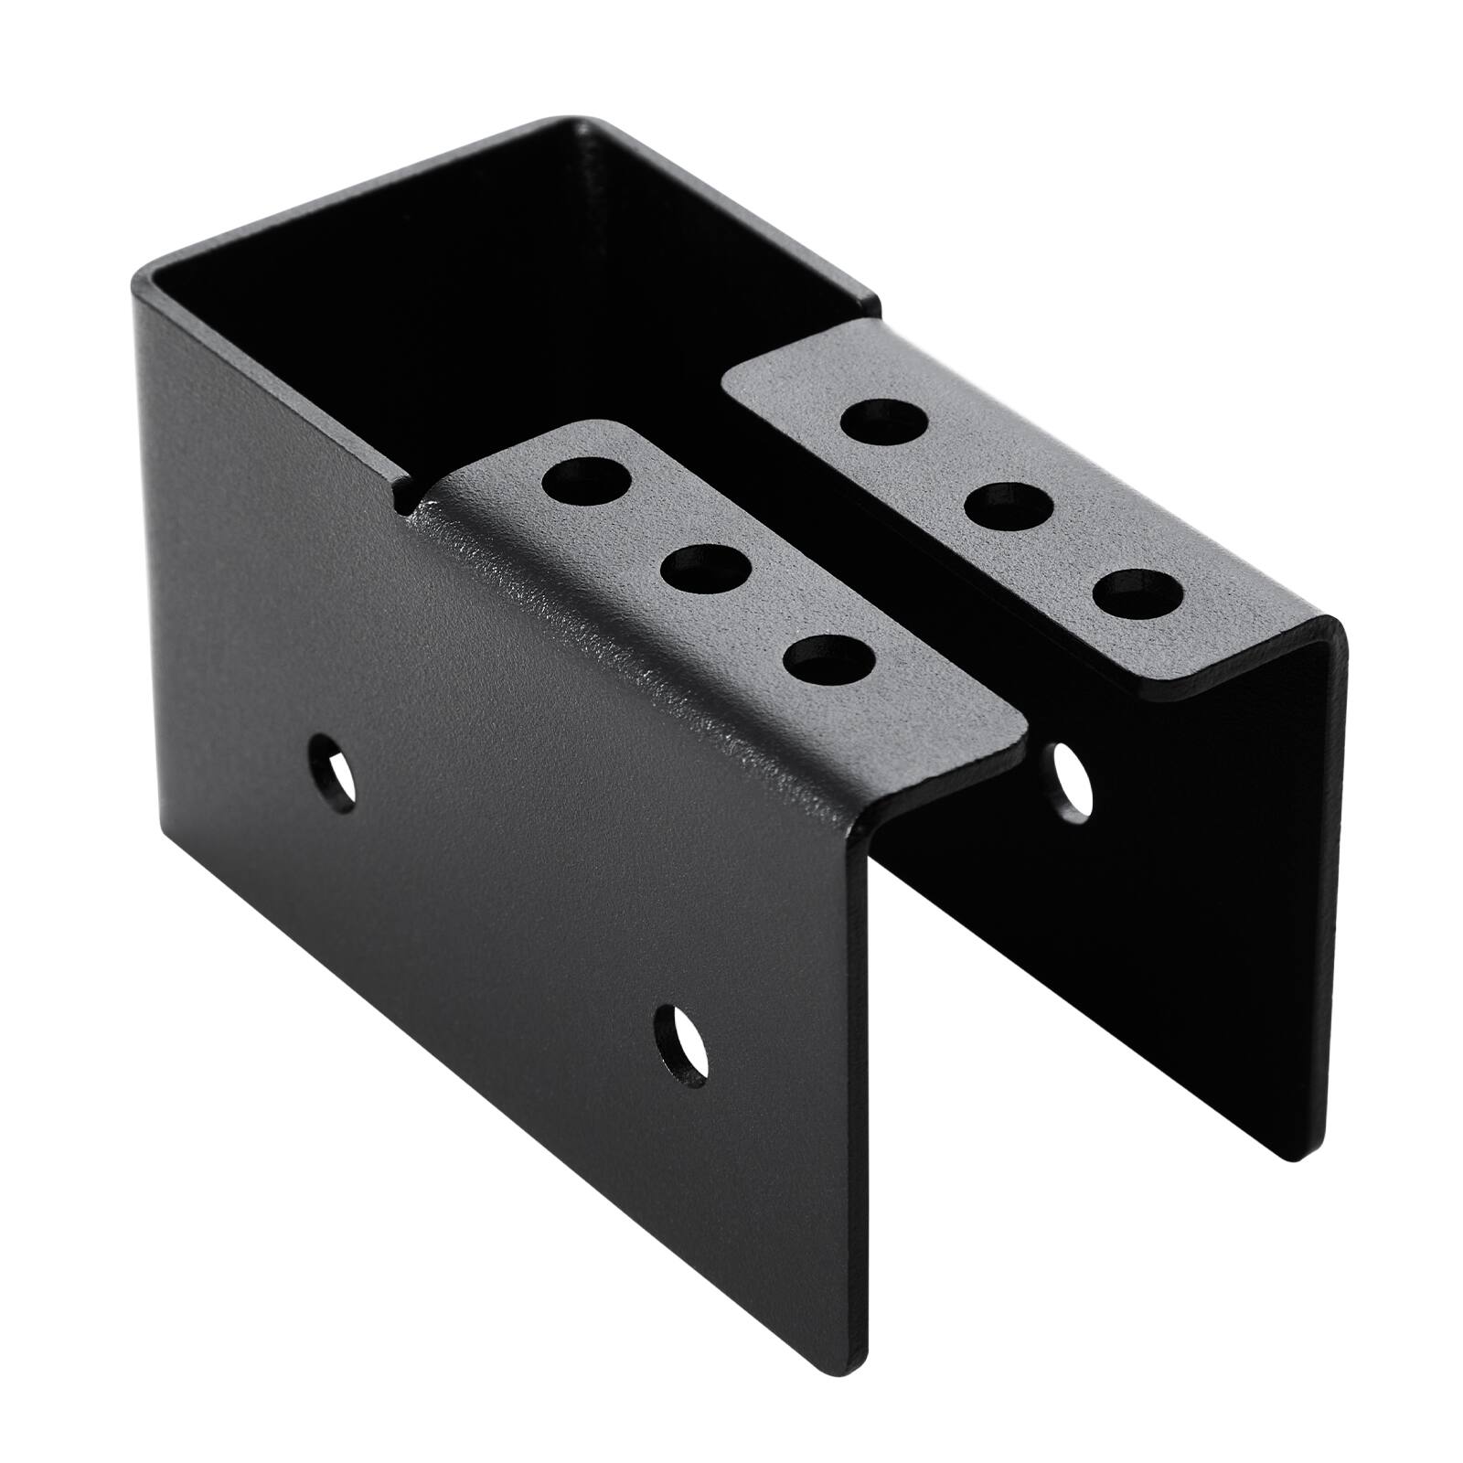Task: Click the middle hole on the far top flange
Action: pos(1010,505)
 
